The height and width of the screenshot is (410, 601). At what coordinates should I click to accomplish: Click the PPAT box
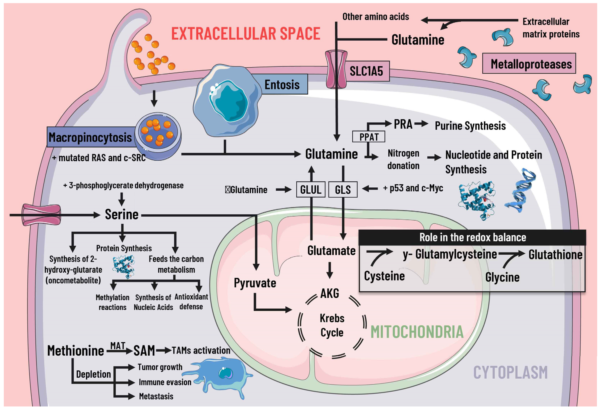point(369,137)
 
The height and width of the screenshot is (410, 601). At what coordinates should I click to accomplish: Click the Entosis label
point(282,84)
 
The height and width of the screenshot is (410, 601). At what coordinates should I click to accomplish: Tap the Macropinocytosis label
point(90,137)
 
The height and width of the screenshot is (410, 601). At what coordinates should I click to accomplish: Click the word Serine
point(122,215)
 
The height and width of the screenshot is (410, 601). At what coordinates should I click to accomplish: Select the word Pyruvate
point(255,283)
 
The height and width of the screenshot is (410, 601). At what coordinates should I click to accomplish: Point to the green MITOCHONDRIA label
point(417,332)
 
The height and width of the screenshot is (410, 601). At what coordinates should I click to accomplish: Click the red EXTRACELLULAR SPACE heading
point(246,34)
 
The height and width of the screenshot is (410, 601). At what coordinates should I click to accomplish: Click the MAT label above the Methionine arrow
point(118,345)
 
